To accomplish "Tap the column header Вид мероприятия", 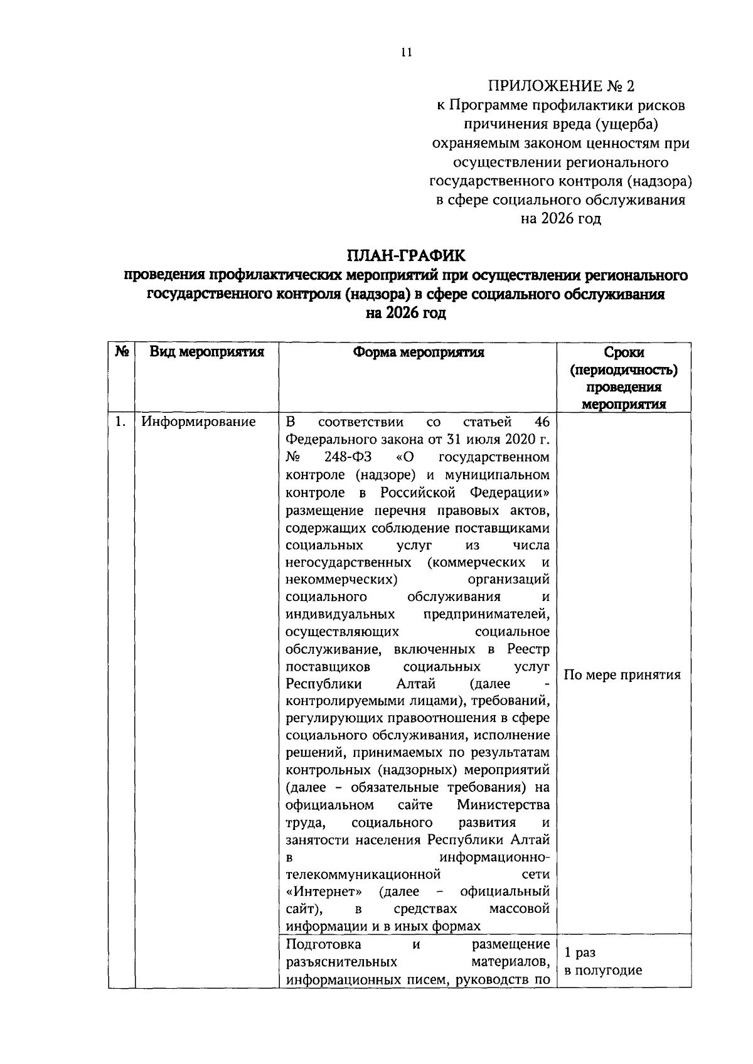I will coord(206,352).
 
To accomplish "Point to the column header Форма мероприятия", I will coord(418,352).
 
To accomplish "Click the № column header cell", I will coord(122,352).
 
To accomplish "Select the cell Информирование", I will coord(198,422).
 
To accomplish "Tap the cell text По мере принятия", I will coord(622,675).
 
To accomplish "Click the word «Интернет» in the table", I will coord(324,891).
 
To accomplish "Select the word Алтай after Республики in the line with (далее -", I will coord(416,683).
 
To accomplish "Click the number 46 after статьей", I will coord(542,421).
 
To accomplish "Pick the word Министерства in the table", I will coord(503,805).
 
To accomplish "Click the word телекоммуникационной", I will coord(363,874).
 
